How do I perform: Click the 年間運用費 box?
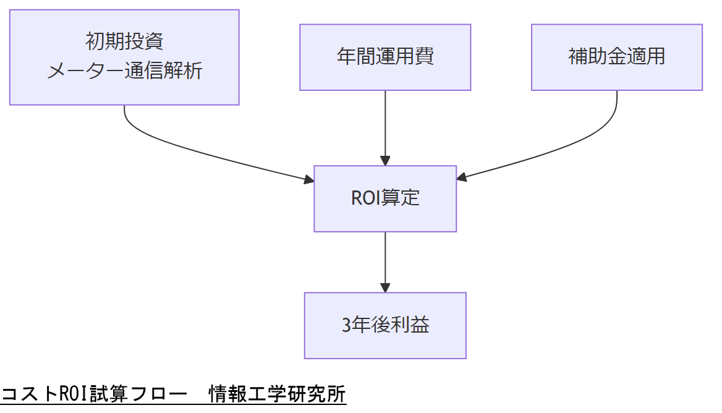coord(385,57)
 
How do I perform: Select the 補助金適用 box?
coord(616,57)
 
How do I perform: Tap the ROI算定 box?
coord(385,198)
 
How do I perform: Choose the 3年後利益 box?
coord(385,325)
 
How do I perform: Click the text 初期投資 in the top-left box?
coord(124,42)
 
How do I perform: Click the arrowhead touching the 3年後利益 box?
coord(385,287)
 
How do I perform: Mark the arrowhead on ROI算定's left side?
coord(309,180)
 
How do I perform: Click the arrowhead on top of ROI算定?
coord(385,161)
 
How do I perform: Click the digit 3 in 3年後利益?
coord(346,326)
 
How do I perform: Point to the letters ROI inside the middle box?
coord(363,198)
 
